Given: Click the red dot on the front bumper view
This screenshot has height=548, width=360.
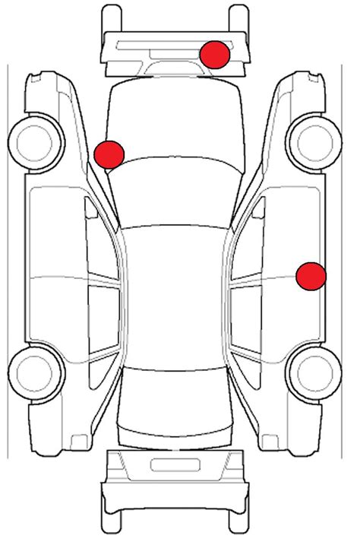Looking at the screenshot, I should coord(215,54).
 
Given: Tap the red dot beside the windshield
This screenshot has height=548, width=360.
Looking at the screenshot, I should coord(109,154).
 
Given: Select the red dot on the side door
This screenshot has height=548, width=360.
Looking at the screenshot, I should coord(311,276).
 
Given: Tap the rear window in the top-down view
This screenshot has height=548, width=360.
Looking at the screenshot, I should coord(175,388).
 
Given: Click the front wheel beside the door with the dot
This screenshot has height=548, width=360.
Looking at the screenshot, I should coord(312,139).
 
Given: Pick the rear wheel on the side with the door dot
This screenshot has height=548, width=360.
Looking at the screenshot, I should coord(312,373).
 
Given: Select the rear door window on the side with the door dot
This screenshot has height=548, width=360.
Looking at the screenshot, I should coord(247,319).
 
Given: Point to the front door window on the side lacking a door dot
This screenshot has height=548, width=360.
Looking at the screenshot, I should coord(103,243).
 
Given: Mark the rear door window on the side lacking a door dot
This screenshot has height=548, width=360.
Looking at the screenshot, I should coord(103,319).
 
